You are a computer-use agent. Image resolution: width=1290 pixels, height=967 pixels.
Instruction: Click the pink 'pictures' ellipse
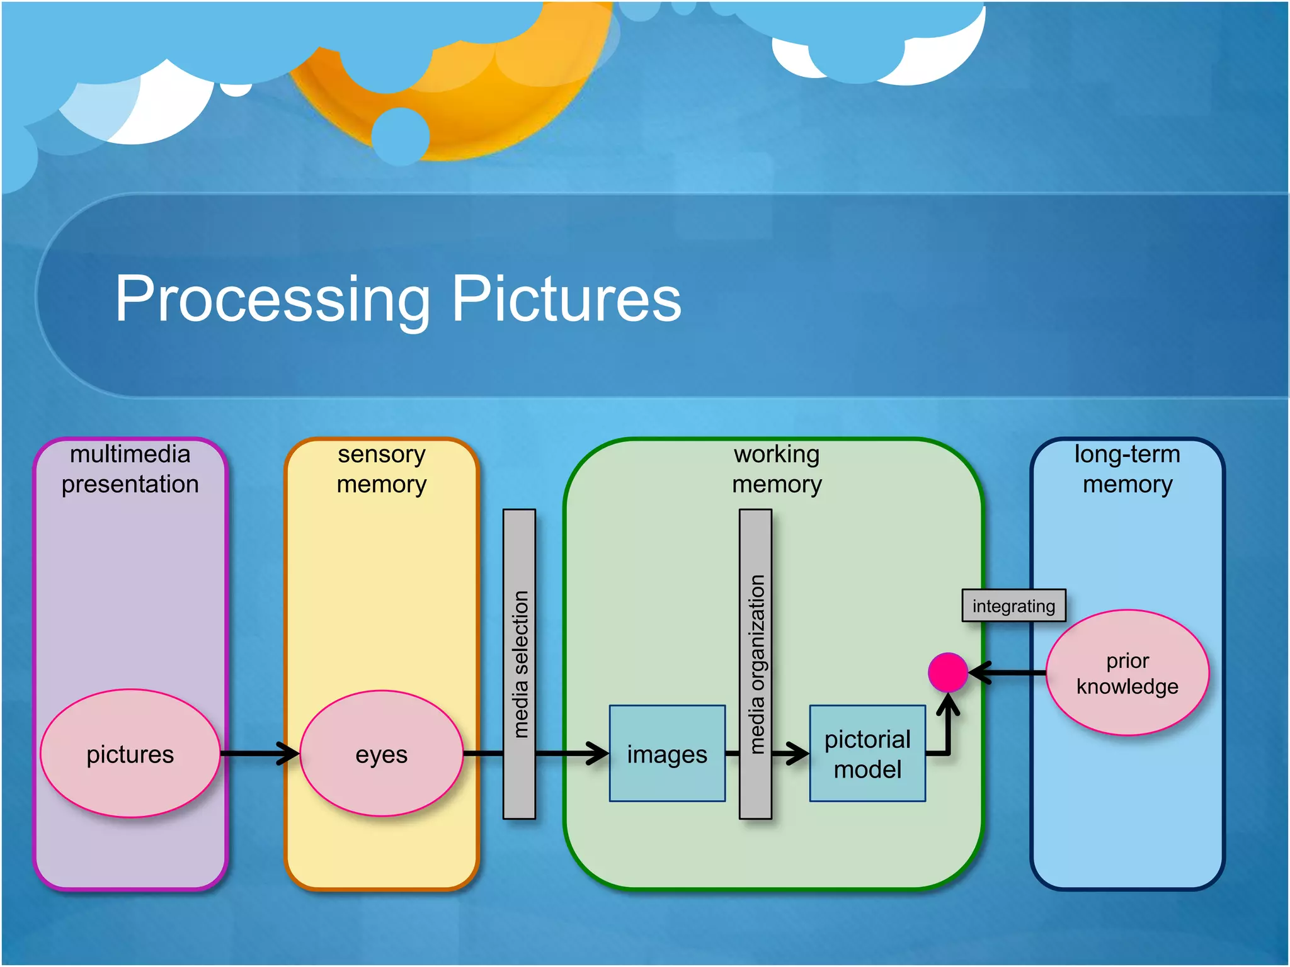coord(130,754)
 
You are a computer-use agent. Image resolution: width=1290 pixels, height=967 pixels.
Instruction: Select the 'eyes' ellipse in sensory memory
coord(381,754)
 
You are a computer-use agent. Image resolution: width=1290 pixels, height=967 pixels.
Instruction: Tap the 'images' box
coord(667,754)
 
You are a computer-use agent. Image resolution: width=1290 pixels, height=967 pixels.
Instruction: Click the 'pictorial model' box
coord(867,754)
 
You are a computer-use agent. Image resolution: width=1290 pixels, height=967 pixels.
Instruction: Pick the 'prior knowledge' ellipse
coord(1127,672)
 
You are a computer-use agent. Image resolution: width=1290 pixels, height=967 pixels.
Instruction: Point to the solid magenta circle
coord(947,672)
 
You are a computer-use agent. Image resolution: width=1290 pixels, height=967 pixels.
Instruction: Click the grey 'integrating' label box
coord(1013,606)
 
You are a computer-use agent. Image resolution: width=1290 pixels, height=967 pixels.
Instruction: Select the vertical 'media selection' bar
coord(519,664)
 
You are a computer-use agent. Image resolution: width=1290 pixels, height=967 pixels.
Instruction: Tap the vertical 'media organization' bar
coord(755,664)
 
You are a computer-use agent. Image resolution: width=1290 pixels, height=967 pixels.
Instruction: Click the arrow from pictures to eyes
coord(258,754)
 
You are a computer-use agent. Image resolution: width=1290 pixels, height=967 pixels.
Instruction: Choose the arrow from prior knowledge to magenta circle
coord(1008,672)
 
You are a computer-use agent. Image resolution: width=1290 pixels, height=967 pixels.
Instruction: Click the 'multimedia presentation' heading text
coord(130,469)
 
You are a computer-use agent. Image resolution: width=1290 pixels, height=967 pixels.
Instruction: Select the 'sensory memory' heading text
coord(381,469)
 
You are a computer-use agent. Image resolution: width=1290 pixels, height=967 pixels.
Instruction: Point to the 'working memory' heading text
coord(777,469)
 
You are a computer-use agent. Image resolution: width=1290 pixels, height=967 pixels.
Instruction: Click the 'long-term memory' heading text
coord(1127,469)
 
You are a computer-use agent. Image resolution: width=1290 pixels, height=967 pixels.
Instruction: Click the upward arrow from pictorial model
coord(948,724)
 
